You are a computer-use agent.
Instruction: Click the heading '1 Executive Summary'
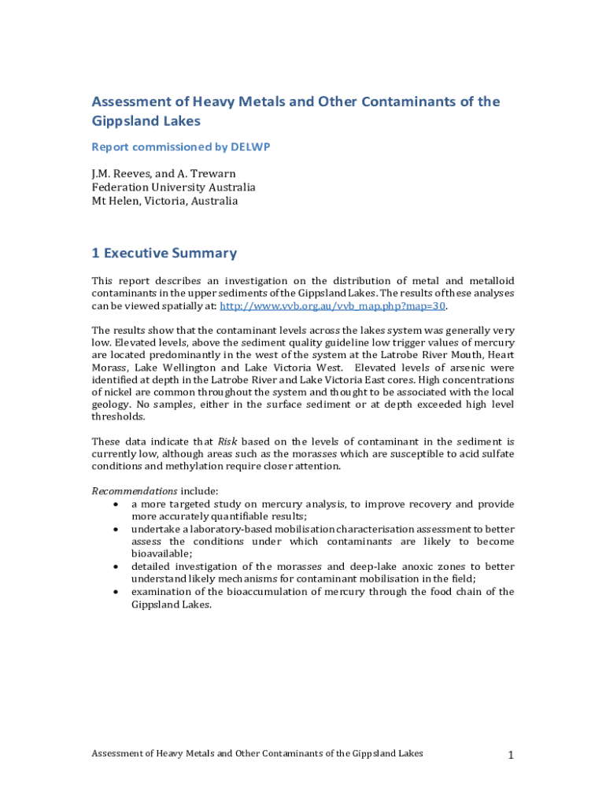coord(164,253)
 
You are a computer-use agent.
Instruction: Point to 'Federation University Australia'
coord(173,187)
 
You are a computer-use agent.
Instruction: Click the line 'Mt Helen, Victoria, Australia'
coord(164,201)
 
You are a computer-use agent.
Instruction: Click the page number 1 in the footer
coord(511,756)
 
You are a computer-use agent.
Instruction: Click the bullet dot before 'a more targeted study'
coord(116,504)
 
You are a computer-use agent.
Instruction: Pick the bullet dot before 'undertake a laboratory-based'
coord(116,529)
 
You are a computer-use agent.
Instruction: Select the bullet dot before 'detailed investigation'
coord(116,567)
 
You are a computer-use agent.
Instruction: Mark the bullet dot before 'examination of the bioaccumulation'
coord(116,592)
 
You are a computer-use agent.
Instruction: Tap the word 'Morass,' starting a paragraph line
coord(110,368)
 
